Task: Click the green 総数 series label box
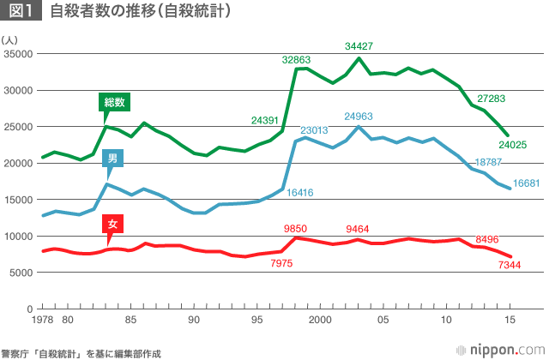point(114,102)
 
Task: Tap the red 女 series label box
point(110,225)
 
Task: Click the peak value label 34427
point(359,46)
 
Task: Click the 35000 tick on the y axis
point(17,53)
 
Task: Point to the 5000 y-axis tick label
point(21,272)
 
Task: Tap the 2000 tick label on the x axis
point(321,321)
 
